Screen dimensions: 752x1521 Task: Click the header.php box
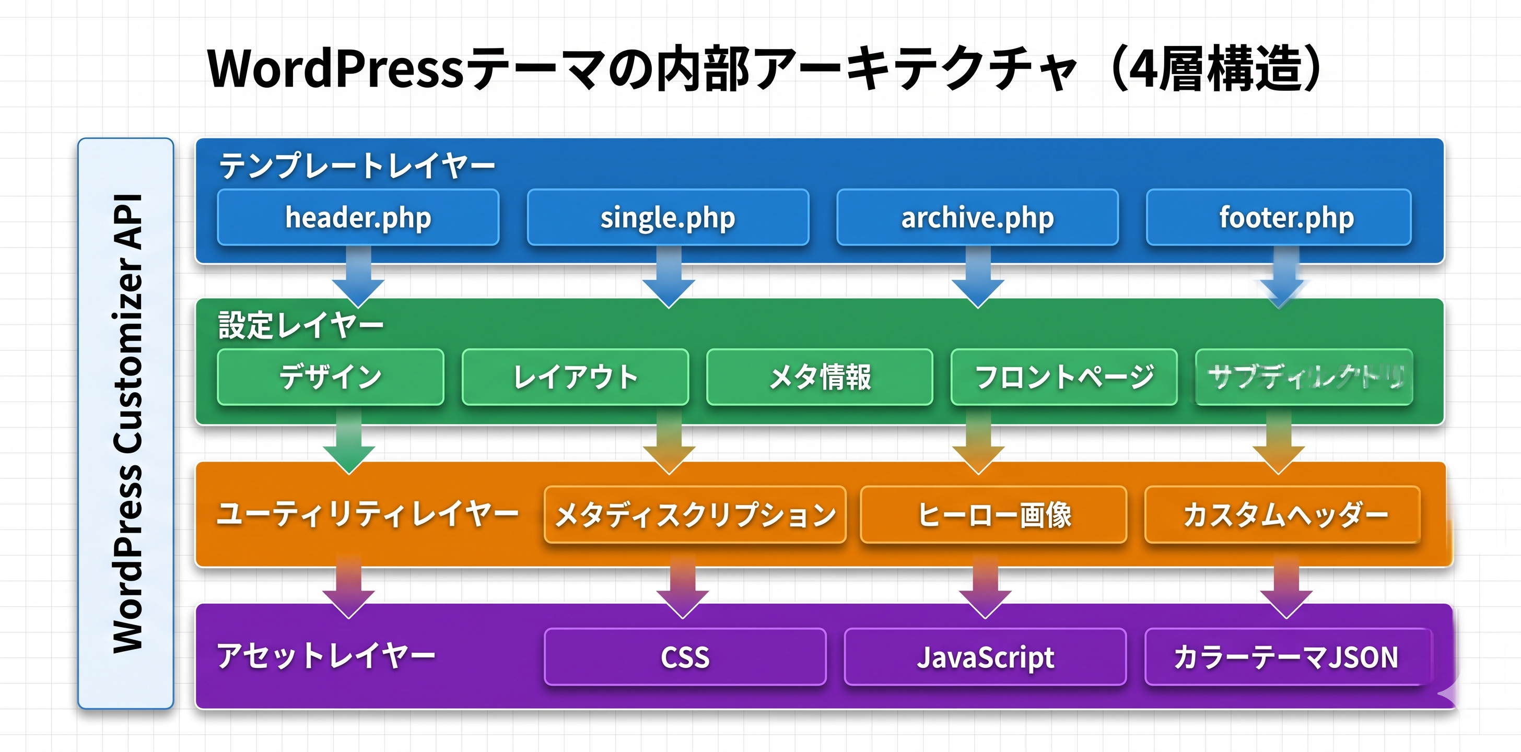point(358,217)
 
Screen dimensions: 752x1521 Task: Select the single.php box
point(668,217)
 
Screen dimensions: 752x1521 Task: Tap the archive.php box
point(977,217)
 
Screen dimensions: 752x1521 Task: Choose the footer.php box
point(1278,217)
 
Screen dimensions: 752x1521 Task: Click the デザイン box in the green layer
point(331,377)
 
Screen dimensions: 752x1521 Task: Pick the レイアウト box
point(575,377)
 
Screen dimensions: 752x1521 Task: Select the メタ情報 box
point(820,377)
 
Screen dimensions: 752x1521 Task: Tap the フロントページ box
point(1064,377)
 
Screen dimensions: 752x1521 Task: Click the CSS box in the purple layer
point(685,657)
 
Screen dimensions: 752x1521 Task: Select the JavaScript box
point(985,657)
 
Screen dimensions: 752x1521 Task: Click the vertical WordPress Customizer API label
point(126,423)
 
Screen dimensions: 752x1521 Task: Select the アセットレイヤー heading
point(326,656)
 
